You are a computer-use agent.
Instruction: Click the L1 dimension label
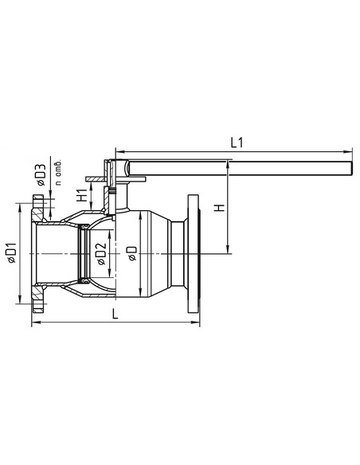pos(237,143)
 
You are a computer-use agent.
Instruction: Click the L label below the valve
pos(117,315)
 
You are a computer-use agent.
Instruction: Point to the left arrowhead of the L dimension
pos(35,323)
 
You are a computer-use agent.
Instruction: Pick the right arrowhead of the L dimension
pos(195,323)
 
